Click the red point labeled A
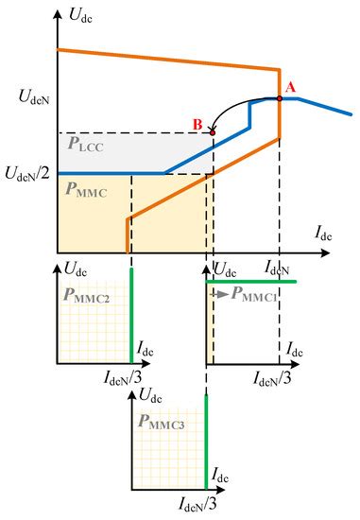[x=280, y=97]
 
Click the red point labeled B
[x=212, y=133]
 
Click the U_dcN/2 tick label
[x=30, y=175]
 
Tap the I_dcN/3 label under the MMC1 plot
[x=278, y=377]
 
